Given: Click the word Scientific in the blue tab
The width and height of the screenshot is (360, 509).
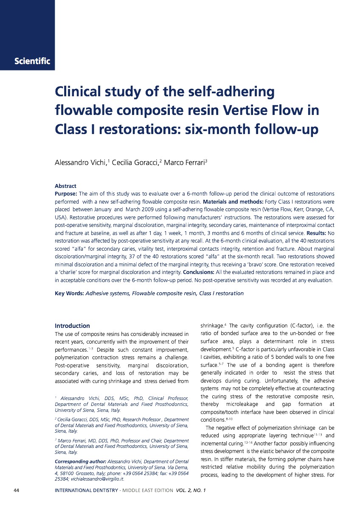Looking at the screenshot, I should point(32,61).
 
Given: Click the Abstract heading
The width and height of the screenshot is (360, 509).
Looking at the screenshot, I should point(65,186).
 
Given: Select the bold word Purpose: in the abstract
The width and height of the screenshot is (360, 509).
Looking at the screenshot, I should point(66,193).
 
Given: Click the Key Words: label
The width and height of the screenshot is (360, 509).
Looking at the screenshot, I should point(69,293).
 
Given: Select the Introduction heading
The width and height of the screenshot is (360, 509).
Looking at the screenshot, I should point(72,326).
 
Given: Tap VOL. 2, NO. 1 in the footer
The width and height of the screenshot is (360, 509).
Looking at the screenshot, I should point(191,491).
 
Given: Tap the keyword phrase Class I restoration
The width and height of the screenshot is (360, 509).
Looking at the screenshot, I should point(221,293).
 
